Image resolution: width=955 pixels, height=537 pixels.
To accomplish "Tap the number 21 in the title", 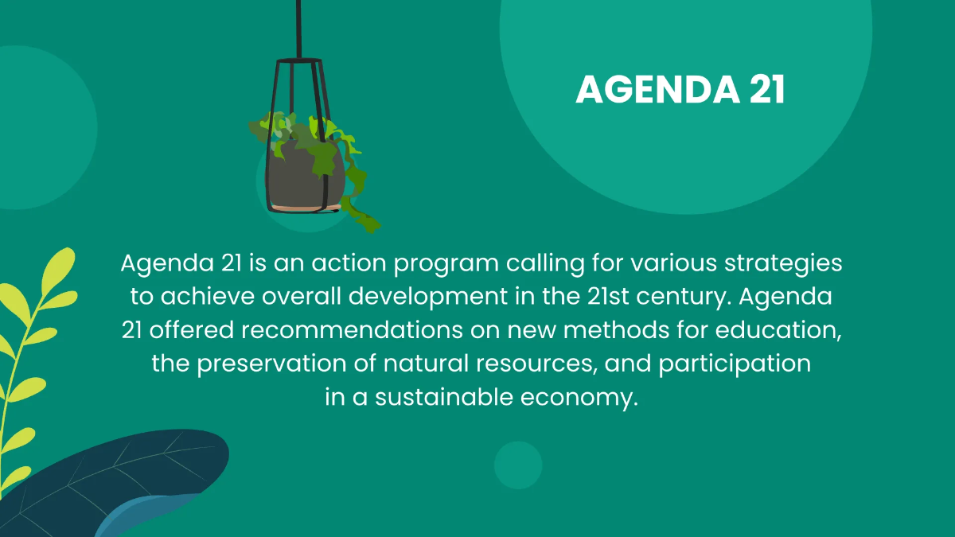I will click(x=766, y=91).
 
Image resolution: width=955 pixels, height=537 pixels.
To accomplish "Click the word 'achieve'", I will click(x=202, y=297).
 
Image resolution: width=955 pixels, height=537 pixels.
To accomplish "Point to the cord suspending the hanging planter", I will click(x=299, y=28).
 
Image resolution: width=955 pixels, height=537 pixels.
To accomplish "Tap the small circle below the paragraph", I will click(x=518, y=465).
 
